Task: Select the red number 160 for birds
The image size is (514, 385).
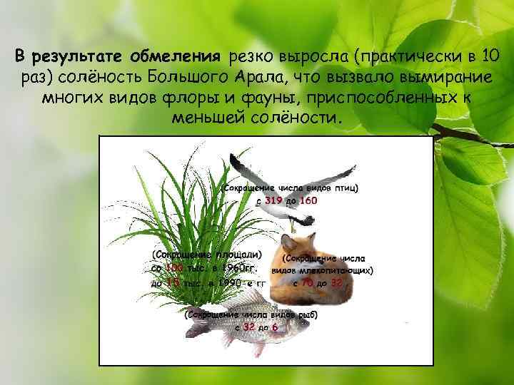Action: point(308,201)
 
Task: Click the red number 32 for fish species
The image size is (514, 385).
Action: point(249,327)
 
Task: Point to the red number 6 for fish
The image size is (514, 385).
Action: point(274,327)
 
